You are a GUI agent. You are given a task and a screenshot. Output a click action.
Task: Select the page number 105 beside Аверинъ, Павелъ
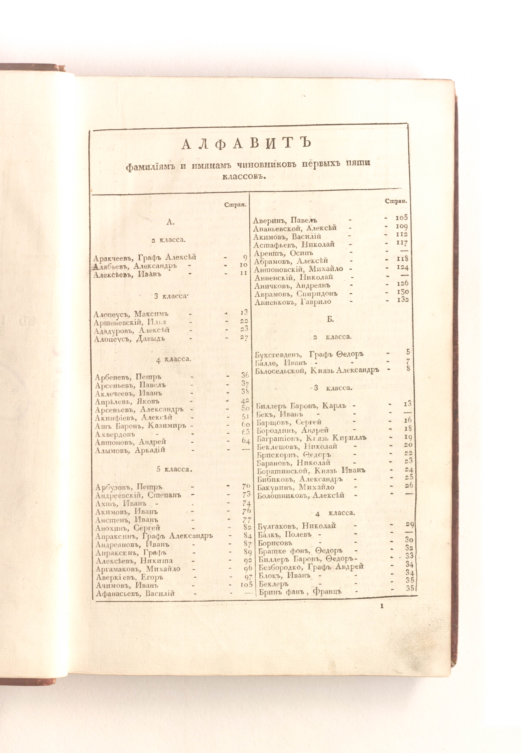(x=401, y=218)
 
